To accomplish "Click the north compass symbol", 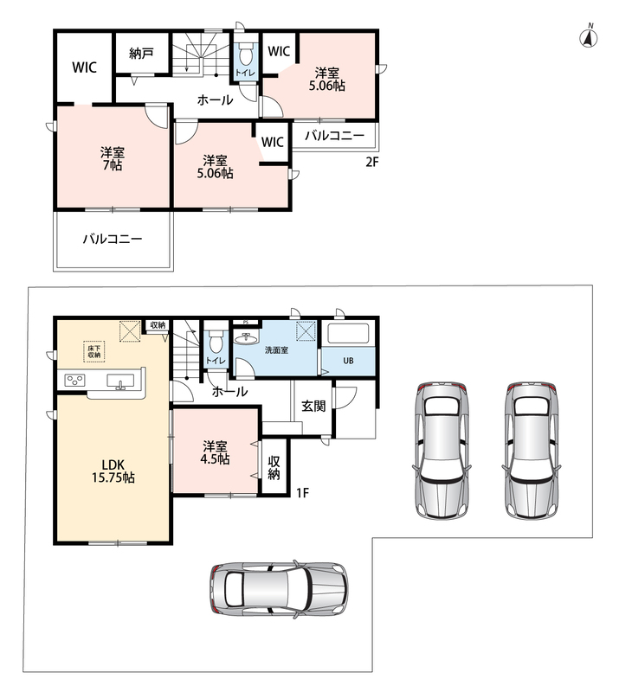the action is point(589,36).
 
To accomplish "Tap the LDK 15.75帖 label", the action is point(113,471).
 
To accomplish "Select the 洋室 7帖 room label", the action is point(113,159).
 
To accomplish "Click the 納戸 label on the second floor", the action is point(141,54).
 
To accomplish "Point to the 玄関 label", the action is point(313,406).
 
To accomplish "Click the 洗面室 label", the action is point(276,350).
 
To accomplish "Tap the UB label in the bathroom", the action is point(348,361).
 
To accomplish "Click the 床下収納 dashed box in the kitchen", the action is point(94,351).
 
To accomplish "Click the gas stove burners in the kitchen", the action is point(74,381).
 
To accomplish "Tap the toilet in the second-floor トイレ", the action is point(245,55).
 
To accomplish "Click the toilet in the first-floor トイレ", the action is point(216,342).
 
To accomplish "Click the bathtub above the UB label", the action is point(348,335).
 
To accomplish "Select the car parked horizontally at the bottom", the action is point(280,589).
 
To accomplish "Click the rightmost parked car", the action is point(531,450).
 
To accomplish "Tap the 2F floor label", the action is point(372,162).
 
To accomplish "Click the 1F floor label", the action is point(302,492).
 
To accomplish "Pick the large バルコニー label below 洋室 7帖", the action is point(113,240).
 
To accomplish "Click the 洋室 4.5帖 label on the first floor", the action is point(216,452).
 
